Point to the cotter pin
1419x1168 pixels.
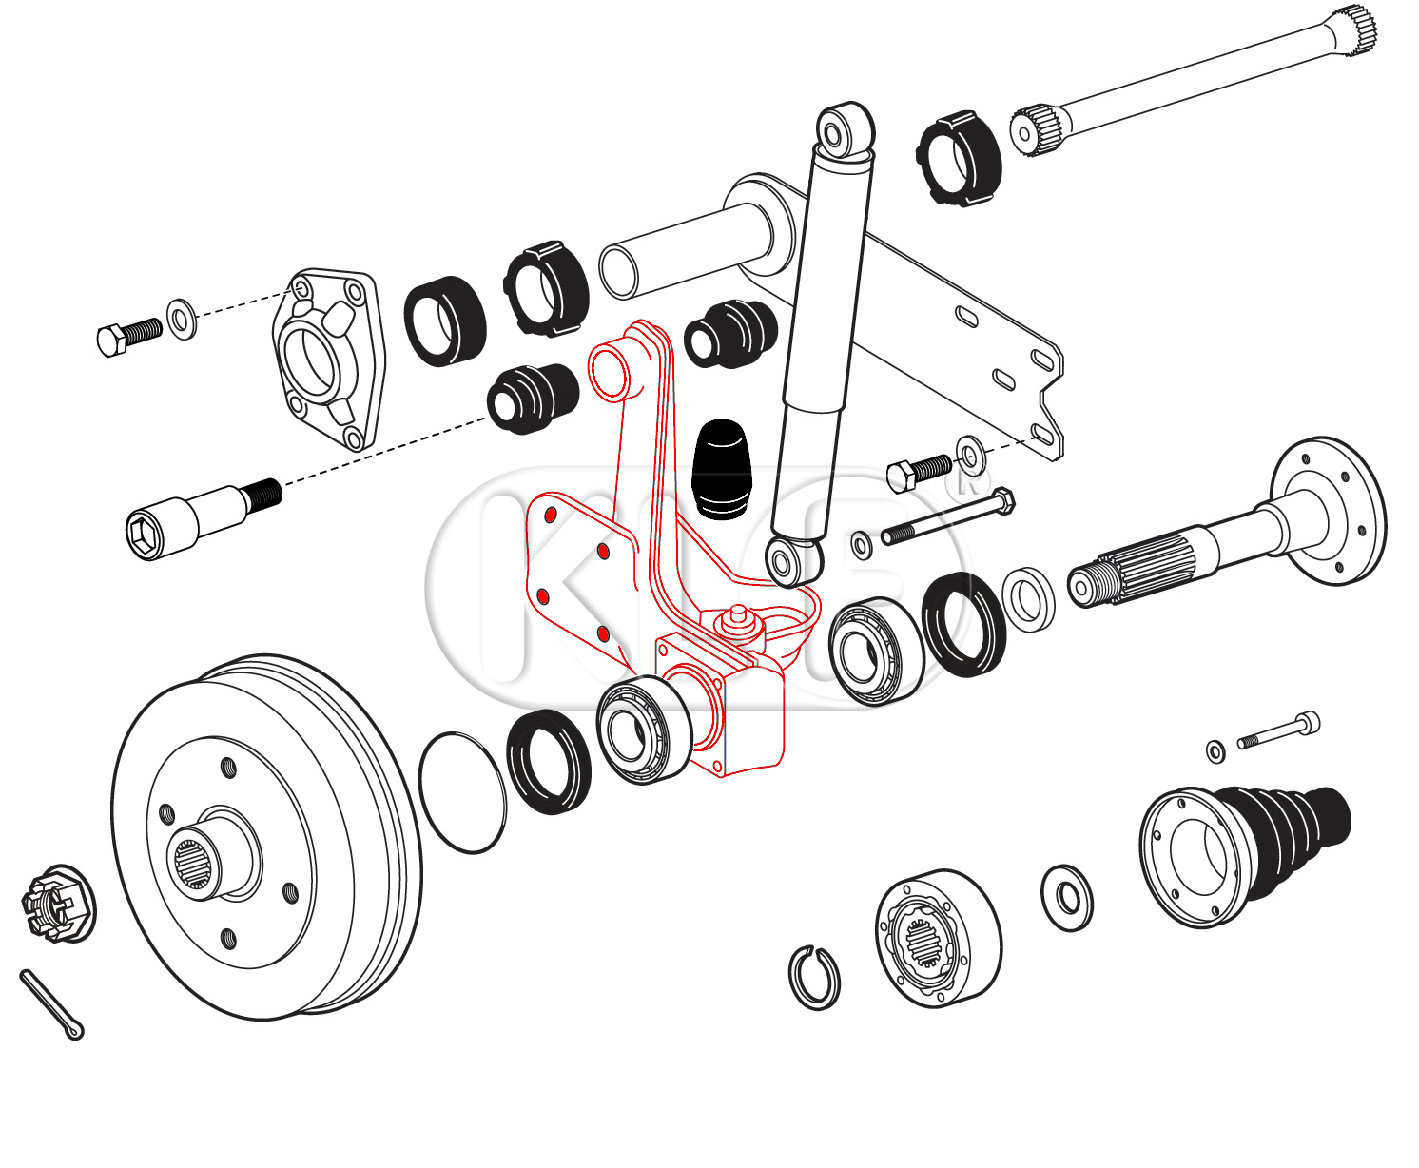pyautogui.click(x=51, y=1004)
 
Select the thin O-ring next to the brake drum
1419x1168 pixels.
pyautogui.click(x=462, y=792)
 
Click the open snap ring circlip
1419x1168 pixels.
pyautogui.click(x=814, y=978)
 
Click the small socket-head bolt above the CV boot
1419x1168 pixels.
pyautogui.click(x=1279, y=730)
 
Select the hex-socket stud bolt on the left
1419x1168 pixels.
pyautogui.click(x=200, y=518)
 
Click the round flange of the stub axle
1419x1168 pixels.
pyautogui.click(x=1330, y=511)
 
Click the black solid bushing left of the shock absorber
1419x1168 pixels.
pyautogui.click(x=731, y=333)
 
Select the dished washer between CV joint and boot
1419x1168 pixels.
pyautogui.click(x=1068, y=898)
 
